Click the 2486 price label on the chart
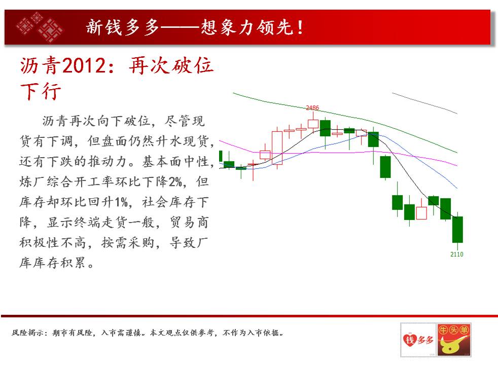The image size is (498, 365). (312, 108)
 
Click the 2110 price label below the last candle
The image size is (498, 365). (457, 254)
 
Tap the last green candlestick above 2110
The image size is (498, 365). (457, 230)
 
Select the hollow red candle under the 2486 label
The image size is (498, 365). (313, 124)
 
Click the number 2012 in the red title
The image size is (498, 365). (83, 66)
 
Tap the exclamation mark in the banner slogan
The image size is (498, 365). (300, 27)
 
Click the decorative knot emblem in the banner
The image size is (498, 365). (40, 27)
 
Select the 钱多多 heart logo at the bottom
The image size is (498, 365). (418, 340)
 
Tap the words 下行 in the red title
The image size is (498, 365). (41, 91)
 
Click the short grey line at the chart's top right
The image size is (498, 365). (424, 103)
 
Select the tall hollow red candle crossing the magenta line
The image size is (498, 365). (277, 148)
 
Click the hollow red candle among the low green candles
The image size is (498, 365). (421, 212)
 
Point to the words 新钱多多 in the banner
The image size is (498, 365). (123, 27)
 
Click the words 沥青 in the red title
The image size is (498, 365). (41, 66)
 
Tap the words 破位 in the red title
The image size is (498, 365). (193, 66)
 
